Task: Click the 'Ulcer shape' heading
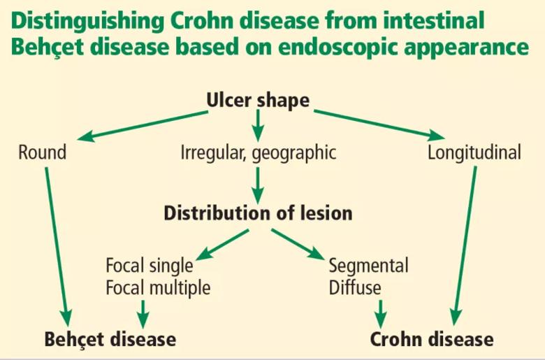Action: pyautogui.click(x=258, y=101)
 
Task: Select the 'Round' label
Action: pyautogui.click(x=43, y=152)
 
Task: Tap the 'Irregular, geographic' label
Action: pyautogui.click(x=259, y=153)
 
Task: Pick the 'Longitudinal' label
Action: pyautogui.click(x=474, y=153)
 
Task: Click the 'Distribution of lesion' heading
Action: pyautogui.click(x=258, y=213)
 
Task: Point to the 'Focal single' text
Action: pyautogui.click(x=150, y=266)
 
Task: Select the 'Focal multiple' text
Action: pyautogui.click(x=158, y=288)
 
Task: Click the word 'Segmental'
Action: pyautogui.click(x=369, y=266)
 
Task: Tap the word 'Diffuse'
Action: pyautogui.click(x=355, y=288)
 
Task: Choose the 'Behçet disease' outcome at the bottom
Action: pyautogui.click(x=110, y=339)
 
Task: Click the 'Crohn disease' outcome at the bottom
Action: pyautogui.click(x=432, y=339)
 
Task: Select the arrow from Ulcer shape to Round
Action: pyautogui.click(x=143, y=126)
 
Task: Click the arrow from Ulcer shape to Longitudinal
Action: pyautogui.click(x=379, y=125)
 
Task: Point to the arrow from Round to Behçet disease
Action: pyautogui.click(x=58, y=247)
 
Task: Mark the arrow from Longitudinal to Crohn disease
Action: pyautogui.click(x=464, y=245)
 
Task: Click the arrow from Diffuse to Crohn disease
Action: pyautogui.click(x=381, y=314)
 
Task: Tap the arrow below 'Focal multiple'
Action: pyautogui.click(x=143, y=314)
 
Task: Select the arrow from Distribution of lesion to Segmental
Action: pyautogui.click(x=298, y=244)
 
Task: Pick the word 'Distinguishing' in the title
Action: pyautogui.click(x=87, y=22)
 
